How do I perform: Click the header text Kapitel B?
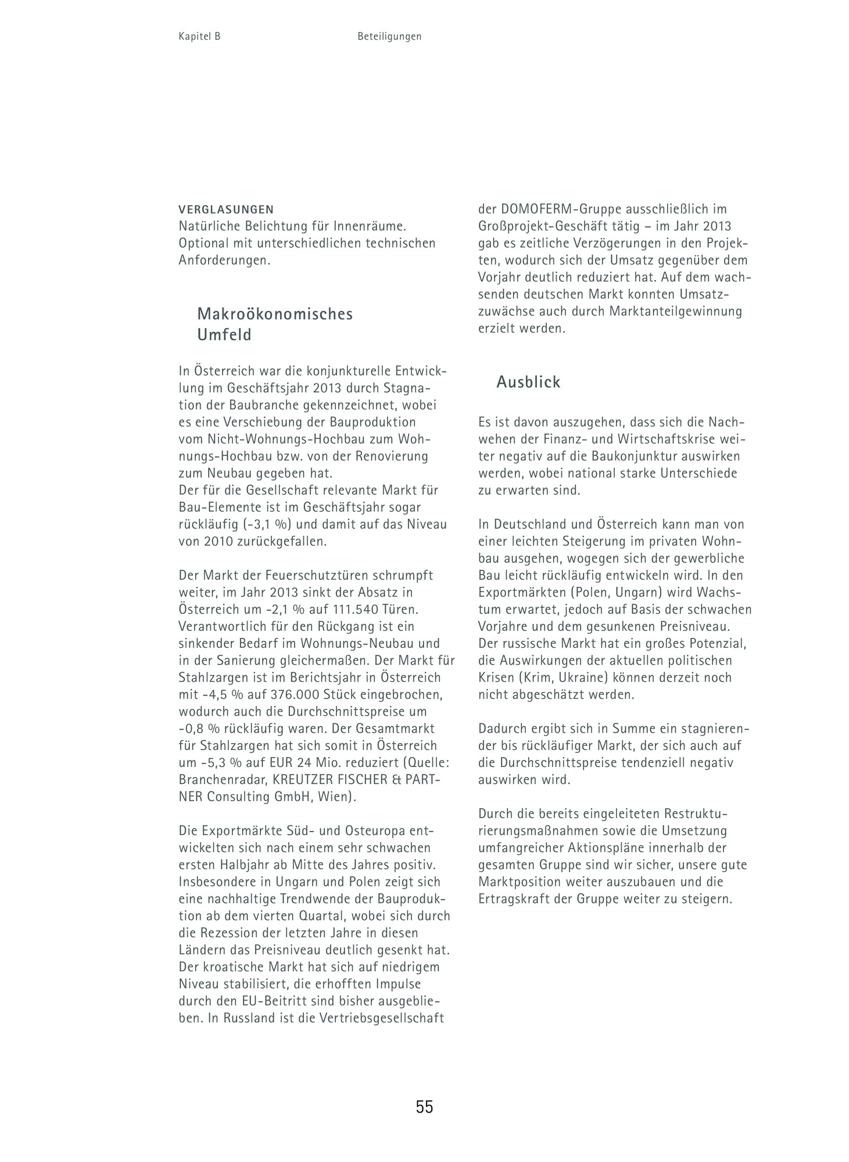coord(199,37)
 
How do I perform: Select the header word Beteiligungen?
coord(389,37)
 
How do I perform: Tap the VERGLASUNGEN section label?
coord(226,209)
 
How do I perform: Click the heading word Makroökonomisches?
coord(275,314)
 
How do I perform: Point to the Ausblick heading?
coord(528,382)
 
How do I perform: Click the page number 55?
coord(424,1107)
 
